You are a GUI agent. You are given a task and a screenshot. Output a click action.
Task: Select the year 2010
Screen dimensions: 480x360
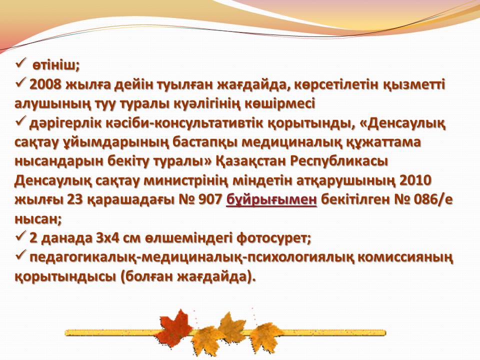pyautogui.click(x=415, y=180)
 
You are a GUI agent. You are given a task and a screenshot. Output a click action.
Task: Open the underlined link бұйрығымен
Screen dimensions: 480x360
pyautogui.click(x=271, y=200)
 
